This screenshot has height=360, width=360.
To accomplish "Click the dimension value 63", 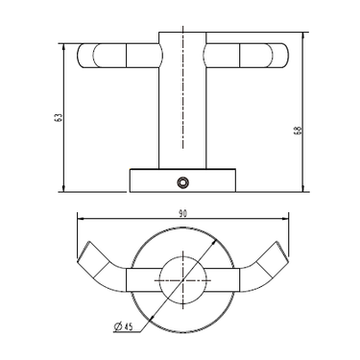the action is click(59, 117).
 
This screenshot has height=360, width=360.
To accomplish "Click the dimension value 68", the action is click(298, 130).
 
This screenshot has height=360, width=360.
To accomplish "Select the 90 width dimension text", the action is click(182, 213).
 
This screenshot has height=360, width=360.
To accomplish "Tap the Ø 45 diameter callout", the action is click(123, 326).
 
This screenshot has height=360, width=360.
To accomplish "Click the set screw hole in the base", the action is click(183, 181).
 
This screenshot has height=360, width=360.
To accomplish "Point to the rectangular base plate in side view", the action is click(182, 180).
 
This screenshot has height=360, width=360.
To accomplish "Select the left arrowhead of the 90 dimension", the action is click(81, 219).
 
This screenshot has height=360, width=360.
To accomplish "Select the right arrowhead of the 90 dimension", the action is click(285, 219).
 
